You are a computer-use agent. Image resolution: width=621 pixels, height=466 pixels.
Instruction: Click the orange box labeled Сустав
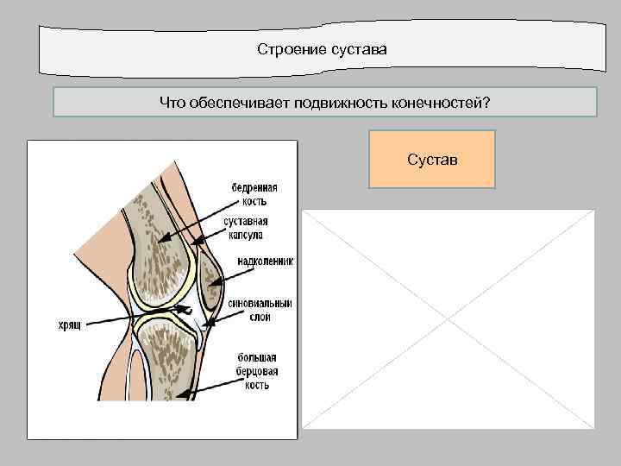click(432, 160)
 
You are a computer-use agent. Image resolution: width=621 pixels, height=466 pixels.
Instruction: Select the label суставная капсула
click(248, 228)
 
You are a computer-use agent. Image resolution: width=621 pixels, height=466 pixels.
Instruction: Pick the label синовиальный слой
click(260, 311)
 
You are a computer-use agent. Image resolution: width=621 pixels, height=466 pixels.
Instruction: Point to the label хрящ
click(66, 324)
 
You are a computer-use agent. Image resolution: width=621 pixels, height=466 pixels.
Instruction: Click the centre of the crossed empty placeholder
click(448, 319)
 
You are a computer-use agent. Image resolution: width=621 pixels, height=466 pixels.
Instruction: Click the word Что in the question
click(171, 103)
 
